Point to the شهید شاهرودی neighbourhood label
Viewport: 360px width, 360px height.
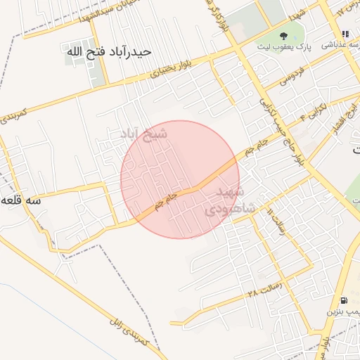pos(225,200)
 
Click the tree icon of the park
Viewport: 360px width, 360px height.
pos(283,36)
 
